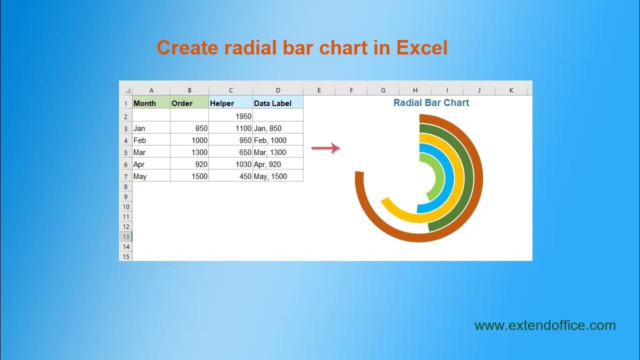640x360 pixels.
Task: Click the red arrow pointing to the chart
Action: click(x=325, y=148)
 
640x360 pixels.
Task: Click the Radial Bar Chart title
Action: click(x=431, y=102)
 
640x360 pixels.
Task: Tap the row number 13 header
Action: click(x=125, y=236)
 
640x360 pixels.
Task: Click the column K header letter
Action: click(x=511, y=90)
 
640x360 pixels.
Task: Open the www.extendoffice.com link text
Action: click(x=545, y=325)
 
